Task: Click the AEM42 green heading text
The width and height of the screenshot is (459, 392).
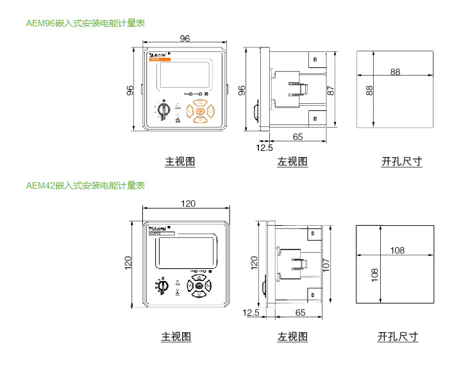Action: click(x=85, y=185)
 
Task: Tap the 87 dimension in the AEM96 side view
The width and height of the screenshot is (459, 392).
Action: click(x=331, y=90)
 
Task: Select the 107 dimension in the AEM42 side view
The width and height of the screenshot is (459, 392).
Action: click(x=326, y=263)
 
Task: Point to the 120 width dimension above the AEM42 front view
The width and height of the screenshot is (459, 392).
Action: click(x=187, y=203)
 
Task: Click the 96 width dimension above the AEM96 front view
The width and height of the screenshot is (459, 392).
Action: click(x=185, y=39)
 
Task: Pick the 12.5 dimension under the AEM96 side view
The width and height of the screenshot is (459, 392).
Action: click(x=264, y=148)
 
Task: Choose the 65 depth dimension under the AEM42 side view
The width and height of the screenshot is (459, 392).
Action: click(x=299, y=312)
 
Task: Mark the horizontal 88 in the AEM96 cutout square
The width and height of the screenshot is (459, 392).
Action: click(x=394, y=72)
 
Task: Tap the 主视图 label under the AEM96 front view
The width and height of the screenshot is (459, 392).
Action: click(x=179, y=162)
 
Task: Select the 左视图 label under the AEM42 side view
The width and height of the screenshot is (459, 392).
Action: click(x=292, y=336)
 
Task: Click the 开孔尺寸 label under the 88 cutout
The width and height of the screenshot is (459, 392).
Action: click(x=401, y=162)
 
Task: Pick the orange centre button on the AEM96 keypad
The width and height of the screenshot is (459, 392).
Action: click(x=200, y=111)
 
